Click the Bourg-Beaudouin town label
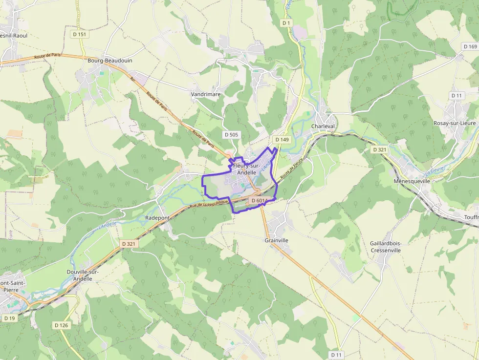click(110, 61)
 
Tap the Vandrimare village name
click(206, 94)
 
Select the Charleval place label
click(323, 126)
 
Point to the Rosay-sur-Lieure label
click(455, 123)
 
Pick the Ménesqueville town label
click(412, 181)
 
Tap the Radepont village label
click(157, 217)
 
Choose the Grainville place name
click(277, 240)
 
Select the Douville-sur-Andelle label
click(79, 275)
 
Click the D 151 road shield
click(79, 34)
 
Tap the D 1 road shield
click(286, 23)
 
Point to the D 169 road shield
click(470, 46)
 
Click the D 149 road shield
click(282, 140)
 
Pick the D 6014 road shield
click(259, 201)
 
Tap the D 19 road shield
click(9, 318)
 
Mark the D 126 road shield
click(62, 325)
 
